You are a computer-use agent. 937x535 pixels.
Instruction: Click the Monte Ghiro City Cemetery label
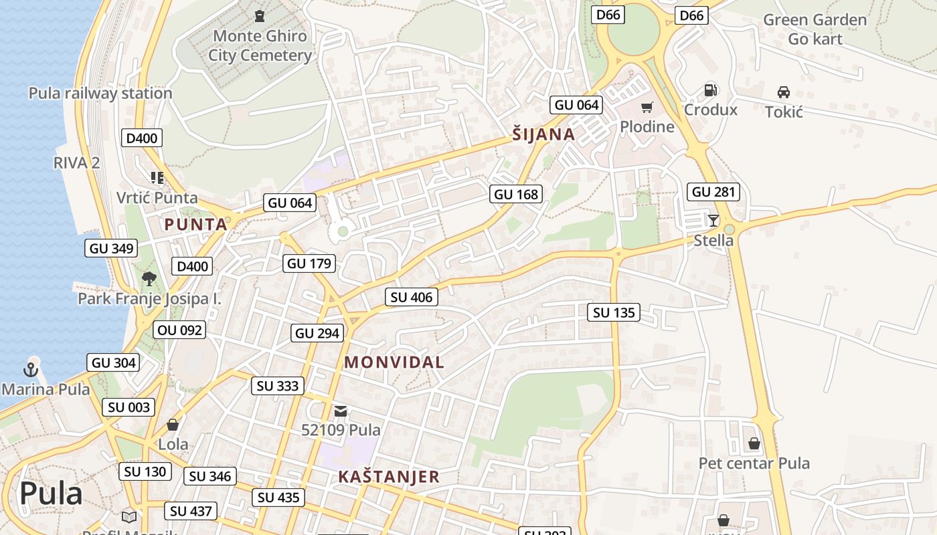click(x=260, y=45)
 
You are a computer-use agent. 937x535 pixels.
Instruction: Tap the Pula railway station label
click(x=100, y=93)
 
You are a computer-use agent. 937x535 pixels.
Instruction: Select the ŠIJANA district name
click(x=543, y=134)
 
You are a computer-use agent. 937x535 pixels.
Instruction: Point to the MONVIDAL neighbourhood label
click(x=394, y=362)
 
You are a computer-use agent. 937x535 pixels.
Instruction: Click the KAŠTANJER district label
click(x=388, y=477)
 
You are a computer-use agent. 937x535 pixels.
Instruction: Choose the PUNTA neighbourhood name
click(x=196, y=224)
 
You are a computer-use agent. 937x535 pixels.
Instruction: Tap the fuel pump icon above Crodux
click(x=710, y=90)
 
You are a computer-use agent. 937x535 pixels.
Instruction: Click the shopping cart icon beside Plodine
click(x=647, y=108)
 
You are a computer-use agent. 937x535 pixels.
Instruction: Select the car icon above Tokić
click(x=783, y=92)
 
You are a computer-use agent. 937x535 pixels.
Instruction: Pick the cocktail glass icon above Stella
click(x=713, y=220)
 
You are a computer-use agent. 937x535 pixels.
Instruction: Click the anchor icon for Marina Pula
click(x=30, y=368)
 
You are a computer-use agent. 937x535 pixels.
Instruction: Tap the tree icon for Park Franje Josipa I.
click(x=149, y=278)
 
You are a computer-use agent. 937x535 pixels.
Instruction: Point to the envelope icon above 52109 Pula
click(x=341, y=411)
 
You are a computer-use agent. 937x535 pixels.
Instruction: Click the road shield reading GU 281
click(x=713, y=192)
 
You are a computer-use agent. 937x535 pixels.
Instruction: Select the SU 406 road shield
click(x=412, y=297)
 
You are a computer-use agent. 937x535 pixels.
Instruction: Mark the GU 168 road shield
click(x=515, y=195)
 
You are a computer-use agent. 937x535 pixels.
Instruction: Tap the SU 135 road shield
click(x=614, y=312)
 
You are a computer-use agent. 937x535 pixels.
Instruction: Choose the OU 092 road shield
click(x=179, y=330)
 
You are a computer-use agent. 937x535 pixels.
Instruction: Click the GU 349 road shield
click(x=112, y=249)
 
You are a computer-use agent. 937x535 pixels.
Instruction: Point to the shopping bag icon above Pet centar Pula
click(x=754, y=443)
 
